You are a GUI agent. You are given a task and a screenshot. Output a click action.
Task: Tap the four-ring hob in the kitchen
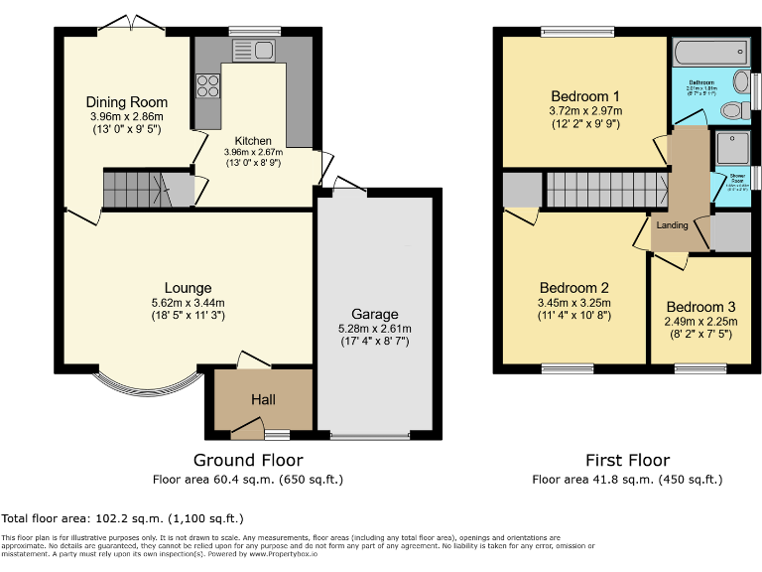point(207,86)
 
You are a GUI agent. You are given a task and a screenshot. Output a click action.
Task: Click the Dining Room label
point(126,102)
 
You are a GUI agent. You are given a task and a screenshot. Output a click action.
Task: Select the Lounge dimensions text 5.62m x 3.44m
point(189,303)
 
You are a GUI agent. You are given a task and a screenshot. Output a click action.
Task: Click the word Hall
point(263,400)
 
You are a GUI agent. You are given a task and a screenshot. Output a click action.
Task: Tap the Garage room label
point(373,314)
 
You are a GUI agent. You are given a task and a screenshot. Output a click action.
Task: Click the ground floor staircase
point(134,189)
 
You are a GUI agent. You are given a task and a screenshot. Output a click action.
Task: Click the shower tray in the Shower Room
point(730,148)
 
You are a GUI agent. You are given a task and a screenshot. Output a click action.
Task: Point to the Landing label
point(673,225)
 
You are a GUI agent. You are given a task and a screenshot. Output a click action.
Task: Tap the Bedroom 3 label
point(700,307)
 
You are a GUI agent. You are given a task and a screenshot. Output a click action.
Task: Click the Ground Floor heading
point(248,460)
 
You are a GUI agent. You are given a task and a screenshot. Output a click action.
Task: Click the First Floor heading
point(627,460)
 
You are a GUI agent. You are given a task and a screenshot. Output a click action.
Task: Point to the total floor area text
point(122,518)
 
